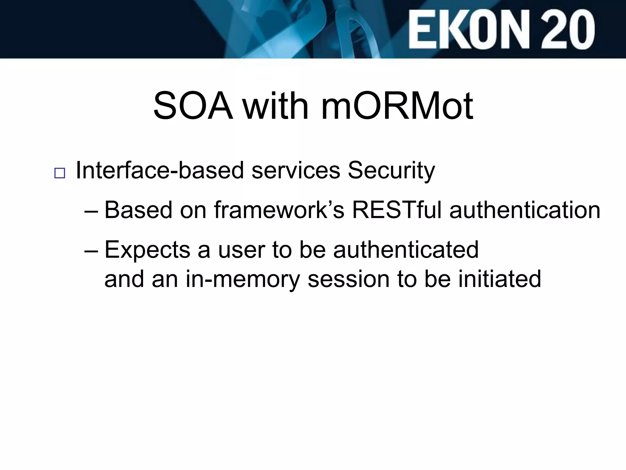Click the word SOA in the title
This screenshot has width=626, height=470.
coord(193,106)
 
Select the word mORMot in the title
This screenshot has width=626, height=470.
coord(397,106)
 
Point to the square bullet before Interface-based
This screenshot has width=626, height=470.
coord(60,173)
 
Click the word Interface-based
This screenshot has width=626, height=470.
coord(160,170)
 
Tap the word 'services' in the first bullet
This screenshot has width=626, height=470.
coord(296,170)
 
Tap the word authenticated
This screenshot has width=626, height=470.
coord(406,250)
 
